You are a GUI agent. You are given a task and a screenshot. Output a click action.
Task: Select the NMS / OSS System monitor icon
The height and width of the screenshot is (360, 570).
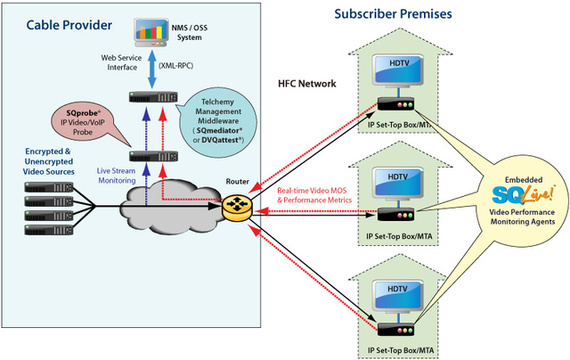[x=151, y=35]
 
